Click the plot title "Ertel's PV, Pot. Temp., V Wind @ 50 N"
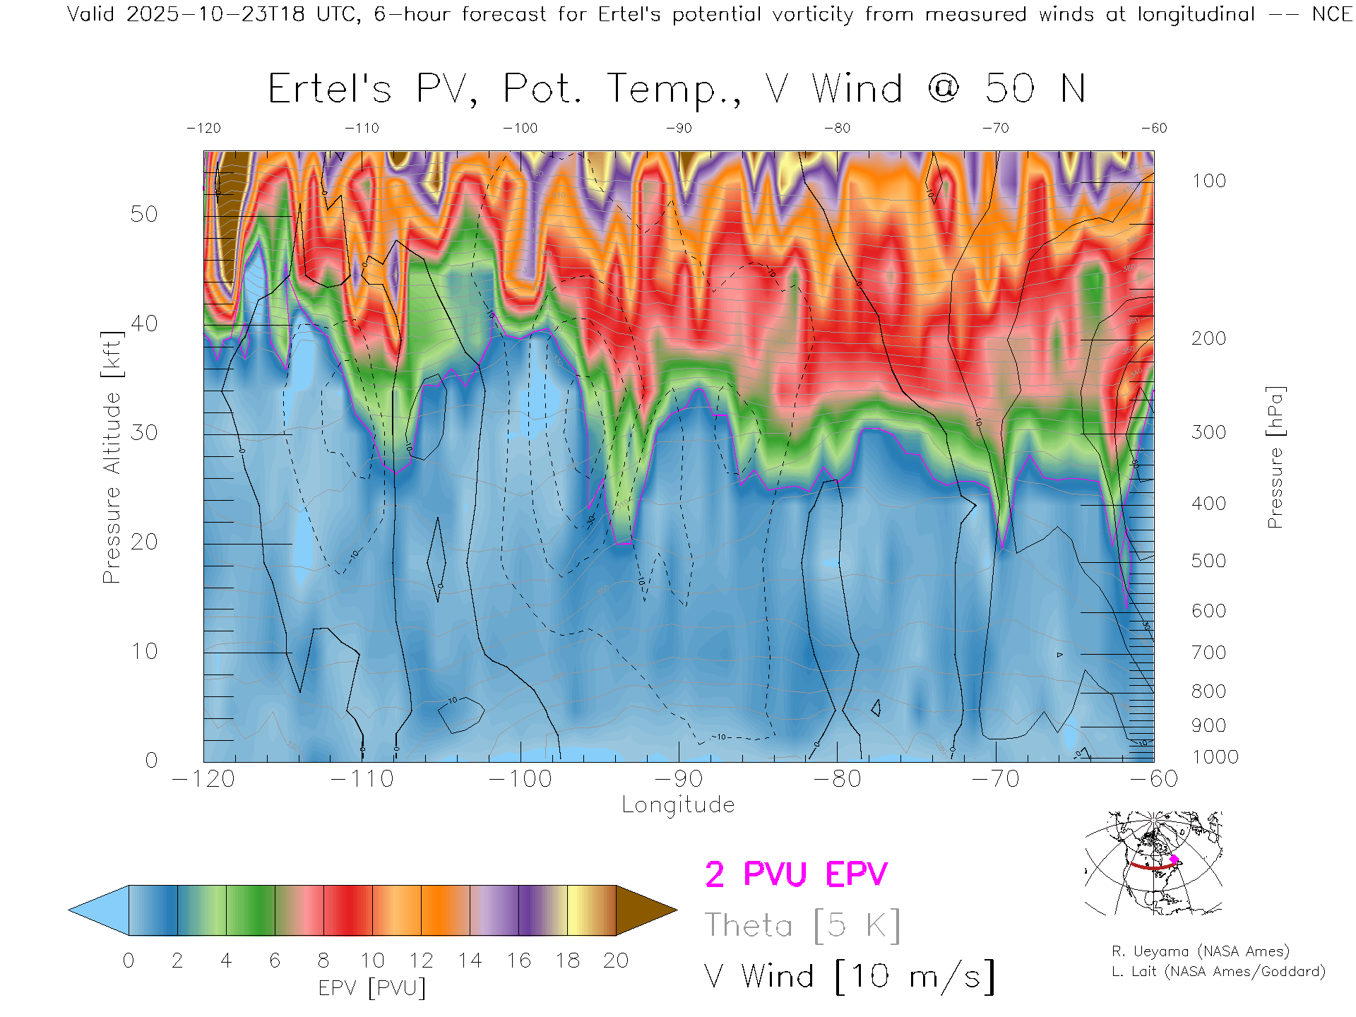[x=677, y=90]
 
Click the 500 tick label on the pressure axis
[x=1208, y=561]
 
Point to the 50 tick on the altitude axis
[x=144, y=214]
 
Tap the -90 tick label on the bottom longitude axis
[x=679, y=779]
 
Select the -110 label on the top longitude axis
[x=362, y=129]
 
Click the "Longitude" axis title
[x=678, y=805]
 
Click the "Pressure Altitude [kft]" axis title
[x=112, y=457]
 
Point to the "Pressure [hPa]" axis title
[x=1275, y=457]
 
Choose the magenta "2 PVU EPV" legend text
[x=796, y=874]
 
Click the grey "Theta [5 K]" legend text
[x=802, y=925]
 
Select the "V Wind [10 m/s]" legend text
[x=850, y=977]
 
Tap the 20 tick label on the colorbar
[x=616, y=961]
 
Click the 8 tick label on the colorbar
[x=323, y=961]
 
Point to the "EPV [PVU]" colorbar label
[x=372, y=988]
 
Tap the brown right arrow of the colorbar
[x=644, y=910]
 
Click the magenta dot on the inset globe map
[x=1174, y=860]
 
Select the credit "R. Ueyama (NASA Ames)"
[x=1201, y=951]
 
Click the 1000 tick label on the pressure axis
[x=1215, y=757]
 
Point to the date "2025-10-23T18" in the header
[x=215, y=14]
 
